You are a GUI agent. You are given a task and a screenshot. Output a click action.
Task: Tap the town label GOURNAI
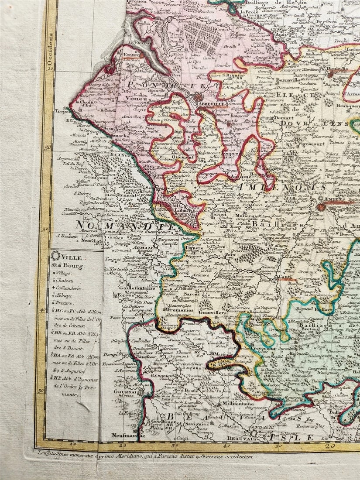tap(123, 391)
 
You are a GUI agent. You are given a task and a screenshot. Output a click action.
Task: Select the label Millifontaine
tap(239, 405)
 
